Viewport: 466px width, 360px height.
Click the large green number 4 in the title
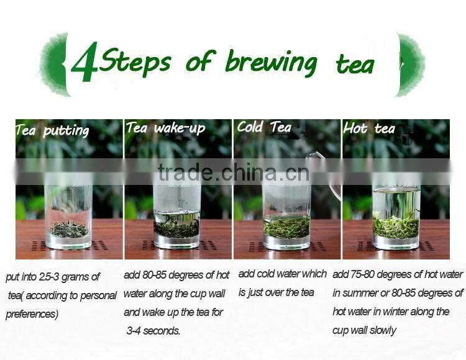(x=85, y=63)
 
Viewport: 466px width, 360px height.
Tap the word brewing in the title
(x=271, y=61)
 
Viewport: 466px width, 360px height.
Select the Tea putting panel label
(x=52, y=130)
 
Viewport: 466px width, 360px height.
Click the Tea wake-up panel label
(x=165, y=128)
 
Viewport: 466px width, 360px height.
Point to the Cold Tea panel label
(x=263, y=127)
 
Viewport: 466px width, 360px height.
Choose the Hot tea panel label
(x=369, y=129)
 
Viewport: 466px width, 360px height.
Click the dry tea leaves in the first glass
(x=68, y=230)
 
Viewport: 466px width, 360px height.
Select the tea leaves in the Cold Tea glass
(x=286, y=227)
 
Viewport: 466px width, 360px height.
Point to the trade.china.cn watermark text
(x=233, y=172)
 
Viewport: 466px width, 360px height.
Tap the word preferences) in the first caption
(x=32, y=314)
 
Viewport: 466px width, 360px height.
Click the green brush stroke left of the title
(x=55, y=65)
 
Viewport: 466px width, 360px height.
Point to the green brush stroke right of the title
(x=411, y=65)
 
